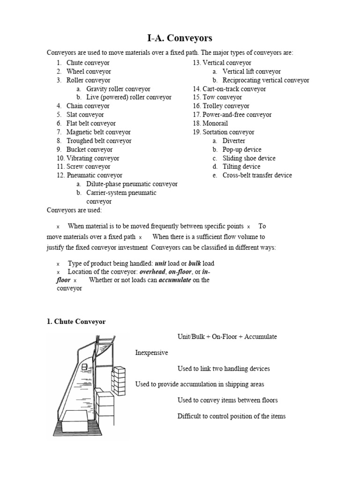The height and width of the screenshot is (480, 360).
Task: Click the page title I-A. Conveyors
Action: point(180,38)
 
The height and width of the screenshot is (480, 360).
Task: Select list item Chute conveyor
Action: point(88,63)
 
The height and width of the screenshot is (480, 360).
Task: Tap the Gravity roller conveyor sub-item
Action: point(118,89)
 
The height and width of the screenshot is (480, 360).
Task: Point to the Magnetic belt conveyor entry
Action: point(98,132)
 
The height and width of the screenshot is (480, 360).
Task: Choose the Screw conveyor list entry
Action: point(89,167)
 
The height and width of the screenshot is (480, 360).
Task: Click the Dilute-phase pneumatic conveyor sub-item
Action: point(132,184)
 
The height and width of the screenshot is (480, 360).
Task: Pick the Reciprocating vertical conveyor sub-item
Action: point(266,80)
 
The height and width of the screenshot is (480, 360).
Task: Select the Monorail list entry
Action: point(215,123)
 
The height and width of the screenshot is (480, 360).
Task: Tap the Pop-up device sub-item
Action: point(242,150)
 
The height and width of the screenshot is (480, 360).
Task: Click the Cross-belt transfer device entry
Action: point(257,175)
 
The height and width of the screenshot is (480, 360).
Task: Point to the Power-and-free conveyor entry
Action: point(237,115)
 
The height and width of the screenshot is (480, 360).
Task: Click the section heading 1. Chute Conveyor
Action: point(76,322)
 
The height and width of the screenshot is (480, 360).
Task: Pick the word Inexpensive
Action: point(151,352)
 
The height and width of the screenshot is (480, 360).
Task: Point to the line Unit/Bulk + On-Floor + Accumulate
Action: point(227,337)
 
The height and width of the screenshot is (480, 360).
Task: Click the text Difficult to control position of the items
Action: point(231,416)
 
